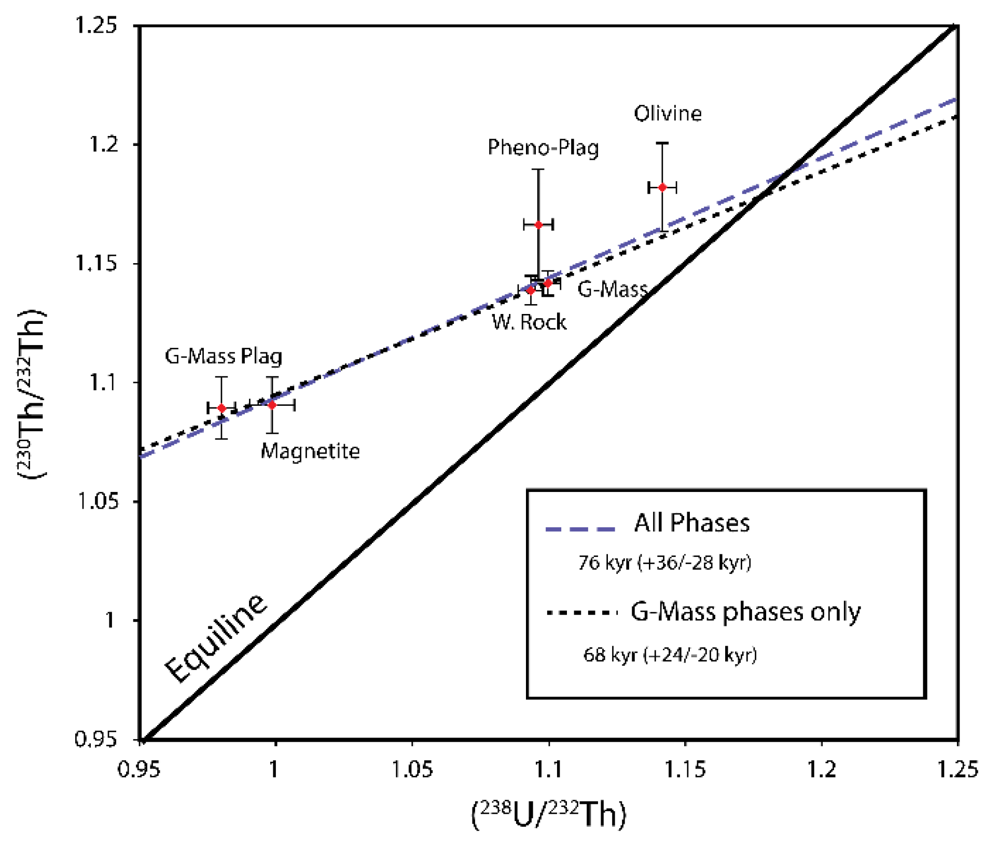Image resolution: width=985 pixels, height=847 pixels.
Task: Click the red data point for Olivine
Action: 662,187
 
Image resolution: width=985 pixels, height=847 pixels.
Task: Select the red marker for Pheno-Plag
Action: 538,225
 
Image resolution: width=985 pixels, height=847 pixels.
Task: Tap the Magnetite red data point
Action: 272,405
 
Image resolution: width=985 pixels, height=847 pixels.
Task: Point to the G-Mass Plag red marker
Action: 221,408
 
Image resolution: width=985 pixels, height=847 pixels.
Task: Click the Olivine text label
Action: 668,113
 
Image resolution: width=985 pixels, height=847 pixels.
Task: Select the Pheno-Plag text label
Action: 543,148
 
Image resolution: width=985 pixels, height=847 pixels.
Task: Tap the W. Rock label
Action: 529,322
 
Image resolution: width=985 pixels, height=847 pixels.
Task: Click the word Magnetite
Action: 310,451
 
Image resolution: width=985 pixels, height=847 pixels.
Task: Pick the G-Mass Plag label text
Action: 224,357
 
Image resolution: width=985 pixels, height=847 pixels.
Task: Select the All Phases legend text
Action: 691,523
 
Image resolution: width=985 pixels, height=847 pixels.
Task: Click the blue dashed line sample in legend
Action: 580,529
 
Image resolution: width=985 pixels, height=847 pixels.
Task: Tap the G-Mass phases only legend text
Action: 745,612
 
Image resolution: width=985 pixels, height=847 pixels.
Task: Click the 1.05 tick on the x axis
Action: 412,769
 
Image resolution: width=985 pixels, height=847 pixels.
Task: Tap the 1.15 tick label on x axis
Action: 685,769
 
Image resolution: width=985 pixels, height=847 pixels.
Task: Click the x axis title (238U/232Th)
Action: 549,815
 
